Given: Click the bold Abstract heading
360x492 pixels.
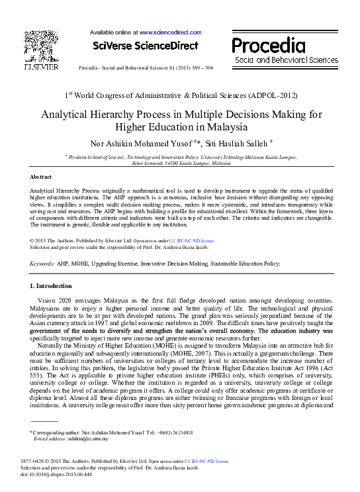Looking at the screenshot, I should pos(42,177).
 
